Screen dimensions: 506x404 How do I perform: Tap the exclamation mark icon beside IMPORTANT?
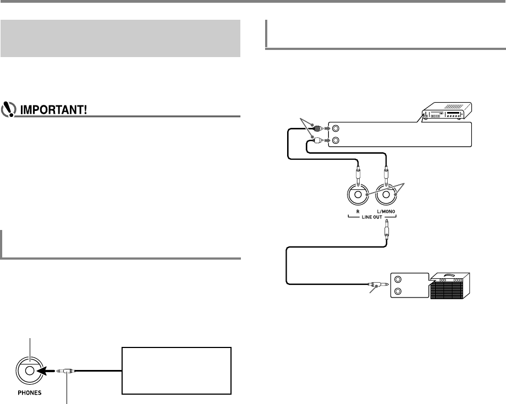9,109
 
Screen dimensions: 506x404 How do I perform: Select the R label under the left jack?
358,211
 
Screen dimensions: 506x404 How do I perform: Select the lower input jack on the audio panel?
335,141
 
